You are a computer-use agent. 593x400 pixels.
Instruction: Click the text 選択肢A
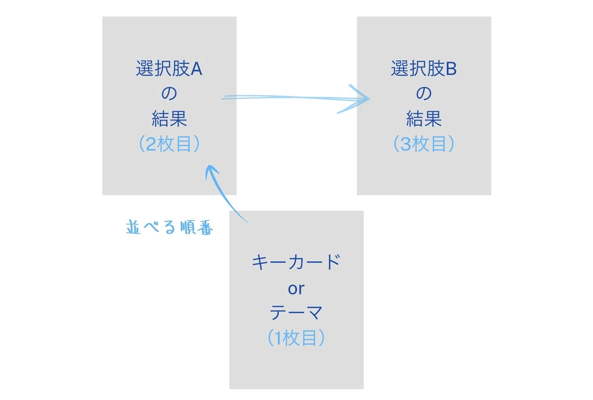(169, 68)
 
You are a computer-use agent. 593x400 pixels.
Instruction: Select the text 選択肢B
(424, 68)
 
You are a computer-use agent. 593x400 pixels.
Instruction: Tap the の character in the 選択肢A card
(169, 93)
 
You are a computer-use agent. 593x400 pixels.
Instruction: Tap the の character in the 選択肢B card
(424, 93)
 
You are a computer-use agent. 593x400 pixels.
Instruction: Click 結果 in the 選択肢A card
(169, 119)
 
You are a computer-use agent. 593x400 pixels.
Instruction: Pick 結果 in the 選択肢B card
(424, 119)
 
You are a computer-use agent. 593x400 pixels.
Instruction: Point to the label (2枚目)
(169, 144)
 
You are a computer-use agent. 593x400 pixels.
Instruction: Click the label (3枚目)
(424, 144)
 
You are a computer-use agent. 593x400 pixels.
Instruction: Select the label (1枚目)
(296, 338)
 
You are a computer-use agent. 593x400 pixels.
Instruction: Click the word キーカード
(296, 262)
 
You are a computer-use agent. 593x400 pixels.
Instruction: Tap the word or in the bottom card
(296, 288)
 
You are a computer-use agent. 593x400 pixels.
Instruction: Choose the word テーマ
(296, 313)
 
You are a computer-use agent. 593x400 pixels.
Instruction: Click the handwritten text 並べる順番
(169, 227)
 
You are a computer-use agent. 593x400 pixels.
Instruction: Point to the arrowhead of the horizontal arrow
(369, 99)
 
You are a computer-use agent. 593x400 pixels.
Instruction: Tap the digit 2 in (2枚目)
(151, 144)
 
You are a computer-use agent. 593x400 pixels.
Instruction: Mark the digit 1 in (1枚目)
(278, 338)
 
